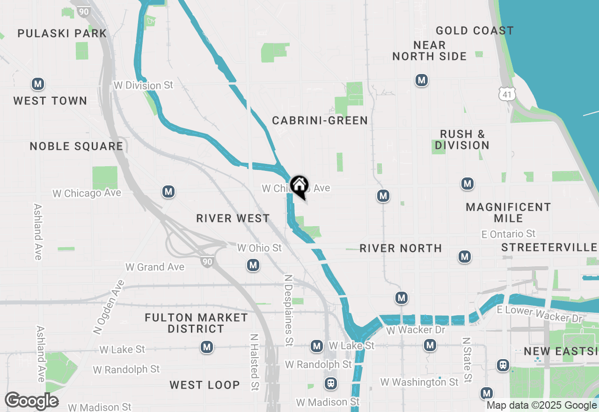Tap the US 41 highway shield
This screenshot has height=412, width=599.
tap(507, 94)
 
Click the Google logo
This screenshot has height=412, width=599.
tap(31, 401)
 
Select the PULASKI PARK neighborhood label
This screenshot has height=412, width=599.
tap(62, 33)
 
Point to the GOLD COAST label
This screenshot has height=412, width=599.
tap(475, 31)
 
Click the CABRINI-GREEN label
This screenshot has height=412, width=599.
tap(320, 121)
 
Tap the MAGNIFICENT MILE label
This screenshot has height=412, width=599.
tap(508, 213)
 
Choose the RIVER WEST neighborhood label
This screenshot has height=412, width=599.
tap(233, 219)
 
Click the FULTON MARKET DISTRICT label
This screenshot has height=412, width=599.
tap(196, 323)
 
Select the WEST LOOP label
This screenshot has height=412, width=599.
tap(205, 385)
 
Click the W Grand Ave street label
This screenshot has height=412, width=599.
tap(155, 267)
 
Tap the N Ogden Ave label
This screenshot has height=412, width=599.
tap(109, 307)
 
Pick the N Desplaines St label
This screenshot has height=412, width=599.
tap(288, 310)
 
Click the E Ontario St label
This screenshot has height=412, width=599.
tap(509, 234)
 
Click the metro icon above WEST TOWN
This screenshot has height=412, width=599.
tap(38, 84)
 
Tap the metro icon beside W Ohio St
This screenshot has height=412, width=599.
tap(253, 265)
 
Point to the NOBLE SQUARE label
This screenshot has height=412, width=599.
tap(76, 147)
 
